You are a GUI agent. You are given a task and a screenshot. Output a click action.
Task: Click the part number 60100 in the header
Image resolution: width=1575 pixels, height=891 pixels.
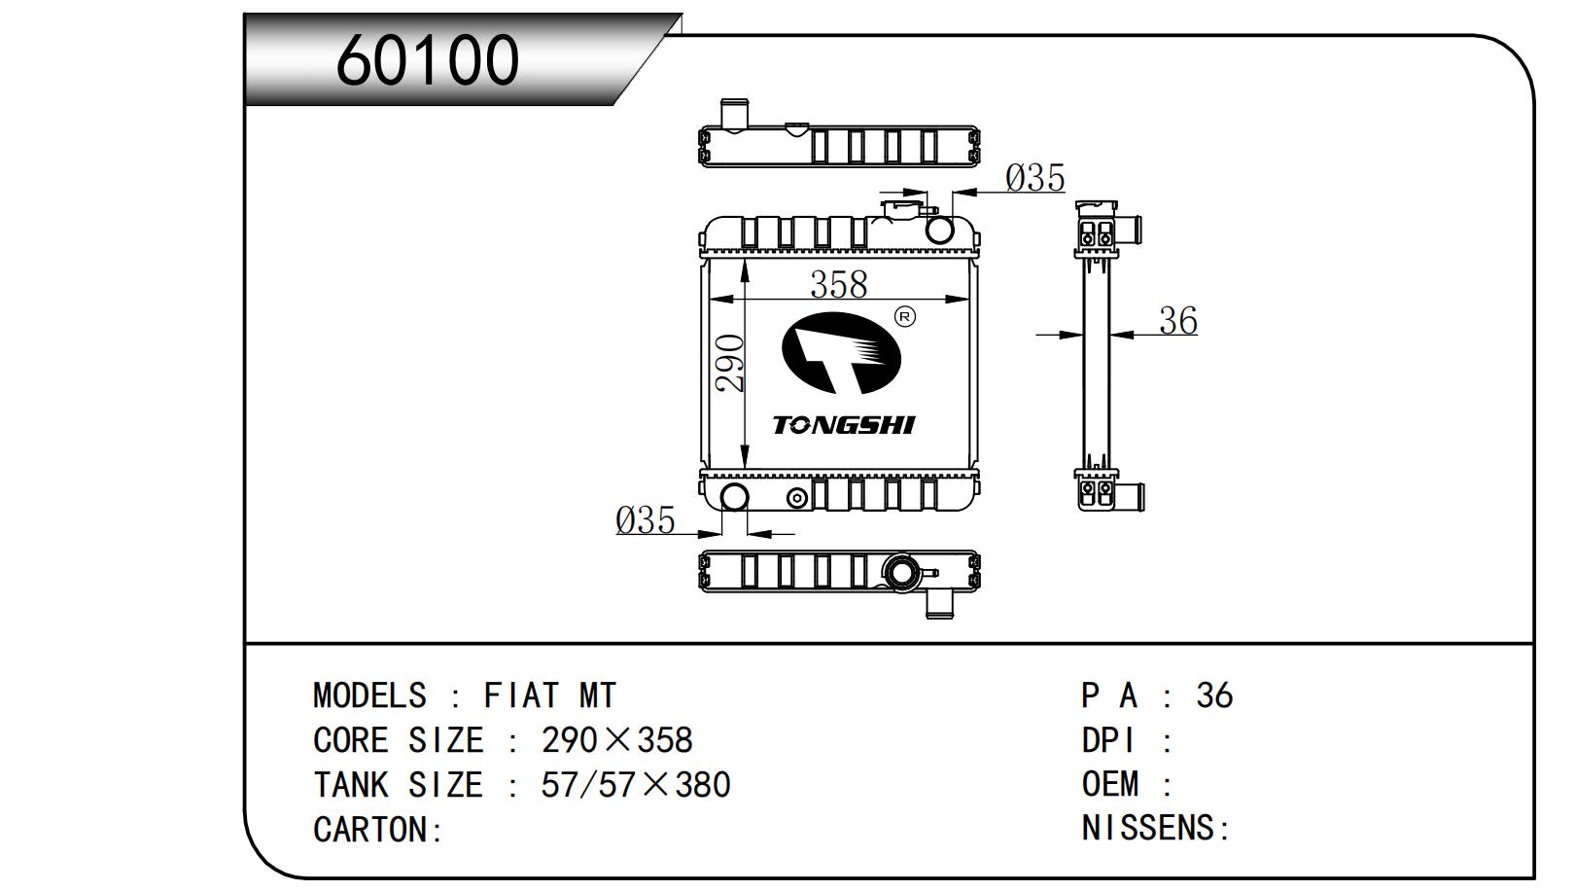427,60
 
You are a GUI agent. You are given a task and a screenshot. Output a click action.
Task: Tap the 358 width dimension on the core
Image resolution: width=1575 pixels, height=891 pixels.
838,284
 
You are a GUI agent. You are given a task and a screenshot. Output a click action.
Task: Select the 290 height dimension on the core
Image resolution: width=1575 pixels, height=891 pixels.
731,363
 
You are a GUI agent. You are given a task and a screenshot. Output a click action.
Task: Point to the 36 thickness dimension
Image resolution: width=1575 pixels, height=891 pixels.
1177,321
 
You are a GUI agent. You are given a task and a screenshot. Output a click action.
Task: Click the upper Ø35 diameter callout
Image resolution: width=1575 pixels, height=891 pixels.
1035,178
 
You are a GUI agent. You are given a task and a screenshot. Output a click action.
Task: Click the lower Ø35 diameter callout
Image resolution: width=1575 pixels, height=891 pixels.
646,520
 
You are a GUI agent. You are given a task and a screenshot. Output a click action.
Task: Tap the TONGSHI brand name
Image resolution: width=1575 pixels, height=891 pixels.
843,425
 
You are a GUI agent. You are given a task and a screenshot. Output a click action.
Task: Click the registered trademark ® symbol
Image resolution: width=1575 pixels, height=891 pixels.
904,317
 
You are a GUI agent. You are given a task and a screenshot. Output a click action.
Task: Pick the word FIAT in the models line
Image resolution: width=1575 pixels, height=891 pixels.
521,695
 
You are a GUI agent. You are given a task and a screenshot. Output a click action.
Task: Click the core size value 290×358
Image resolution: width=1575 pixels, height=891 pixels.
616,740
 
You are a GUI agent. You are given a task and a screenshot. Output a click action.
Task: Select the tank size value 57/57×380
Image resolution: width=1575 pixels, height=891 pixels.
635,785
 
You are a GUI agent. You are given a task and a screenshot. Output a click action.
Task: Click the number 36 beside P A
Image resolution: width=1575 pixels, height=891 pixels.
1213,695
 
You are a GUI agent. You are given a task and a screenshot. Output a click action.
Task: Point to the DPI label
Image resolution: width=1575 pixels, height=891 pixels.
1108,740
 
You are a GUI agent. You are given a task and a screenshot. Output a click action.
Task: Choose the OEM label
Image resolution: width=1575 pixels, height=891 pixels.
1109,784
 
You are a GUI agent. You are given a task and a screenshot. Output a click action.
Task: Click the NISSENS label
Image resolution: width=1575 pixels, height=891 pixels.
1148,829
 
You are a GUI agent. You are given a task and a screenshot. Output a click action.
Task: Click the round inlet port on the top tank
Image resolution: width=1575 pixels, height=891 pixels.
940,230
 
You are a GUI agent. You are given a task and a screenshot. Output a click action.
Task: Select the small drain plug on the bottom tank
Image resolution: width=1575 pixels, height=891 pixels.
797,499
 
